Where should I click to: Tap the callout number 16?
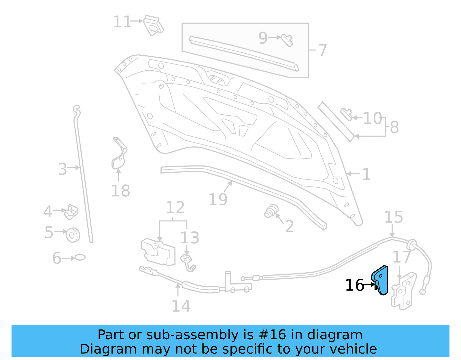click(355, 285)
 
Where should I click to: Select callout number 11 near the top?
click(122, 22)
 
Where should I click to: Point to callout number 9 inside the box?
click(263, 38)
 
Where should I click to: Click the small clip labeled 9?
click(287, 40)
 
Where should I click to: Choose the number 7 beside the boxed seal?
click(323, 50)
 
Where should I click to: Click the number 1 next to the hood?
click(366, 174)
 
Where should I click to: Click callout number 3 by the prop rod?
click(62, 169)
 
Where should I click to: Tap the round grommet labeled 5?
click(73, 235)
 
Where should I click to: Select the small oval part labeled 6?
click(80, 257)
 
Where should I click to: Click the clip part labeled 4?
click(71, 212)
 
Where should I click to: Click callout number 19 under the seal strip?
click(218, 199)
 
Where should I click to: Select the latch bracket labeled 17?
click(404, 291)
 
